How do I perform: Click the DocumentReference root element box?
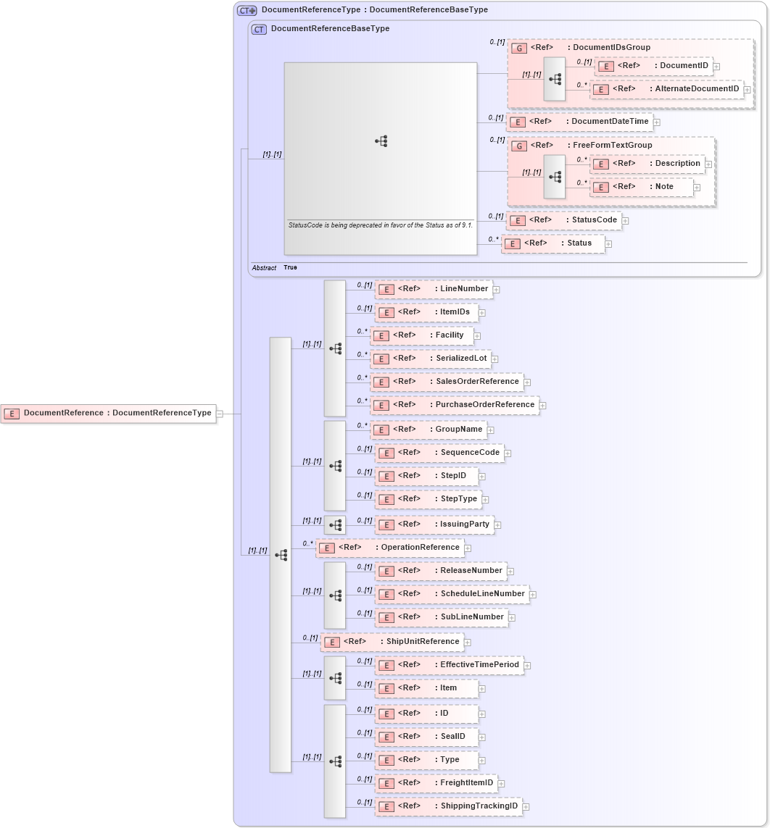(109, 413)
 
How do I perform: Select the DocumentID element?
(653, 66)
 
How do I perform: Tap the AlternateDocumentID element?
(666, 89)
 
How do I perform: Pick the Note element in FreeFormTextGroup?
(641, 187)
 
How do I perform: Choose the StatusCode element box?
(563, 220)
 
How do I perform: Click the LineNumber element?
(433, 289)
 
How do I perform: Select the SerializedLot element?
(431, 359)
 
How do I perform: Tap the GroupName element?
(428, 430)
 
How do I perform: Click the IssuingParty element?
(434, 524)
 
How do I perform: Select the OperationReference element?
(389, 548)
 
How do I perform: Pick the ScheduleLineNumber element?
(451, 594)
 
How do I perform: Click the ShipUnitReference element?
(392, 642)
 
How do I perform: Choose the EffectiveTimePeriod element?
(449, 665)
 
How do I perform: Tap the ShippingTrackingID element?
(448, 806)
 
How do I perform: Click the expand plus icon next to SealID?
(481, 737)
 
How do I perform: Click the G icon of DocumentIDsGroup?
(519, 48)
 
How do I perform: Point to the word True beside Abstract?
(290, 268)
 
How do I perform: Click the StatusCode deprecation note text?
(381, 225)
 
